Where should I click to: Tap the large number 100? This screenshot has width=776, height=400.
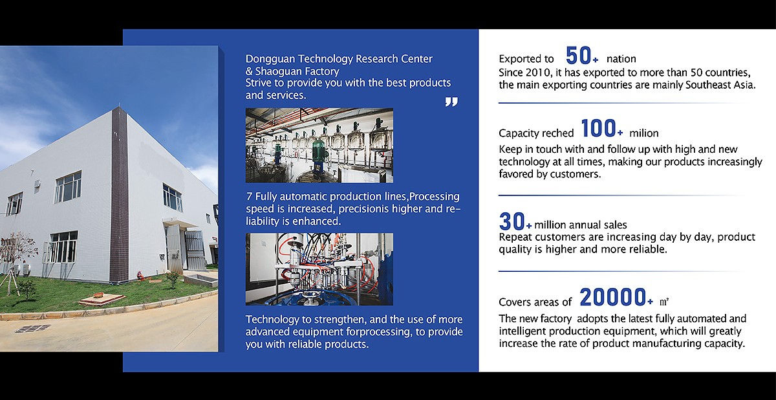point(598,129)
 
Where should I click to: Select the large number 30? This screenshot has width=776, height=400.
point(512,221)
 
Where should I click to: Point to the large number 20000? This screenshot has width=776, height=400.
point(613,297)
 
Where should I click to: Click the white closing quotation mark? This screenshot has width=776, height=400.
point(451,102)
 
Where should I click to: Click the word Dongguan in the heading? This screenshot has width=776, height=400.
point(270,60)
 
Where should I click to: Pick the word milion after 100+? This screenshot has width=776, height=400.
point(643,133)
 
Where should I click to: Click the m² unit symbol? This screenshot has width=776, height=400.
point(663,302)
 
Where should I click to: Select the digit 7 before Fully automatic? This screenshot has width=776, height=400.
point(249,197)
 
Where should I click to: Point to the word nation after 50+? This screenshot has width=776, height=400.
point(621,59)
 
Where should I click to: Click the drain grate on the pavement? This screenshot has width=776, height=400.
point(33,329)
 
